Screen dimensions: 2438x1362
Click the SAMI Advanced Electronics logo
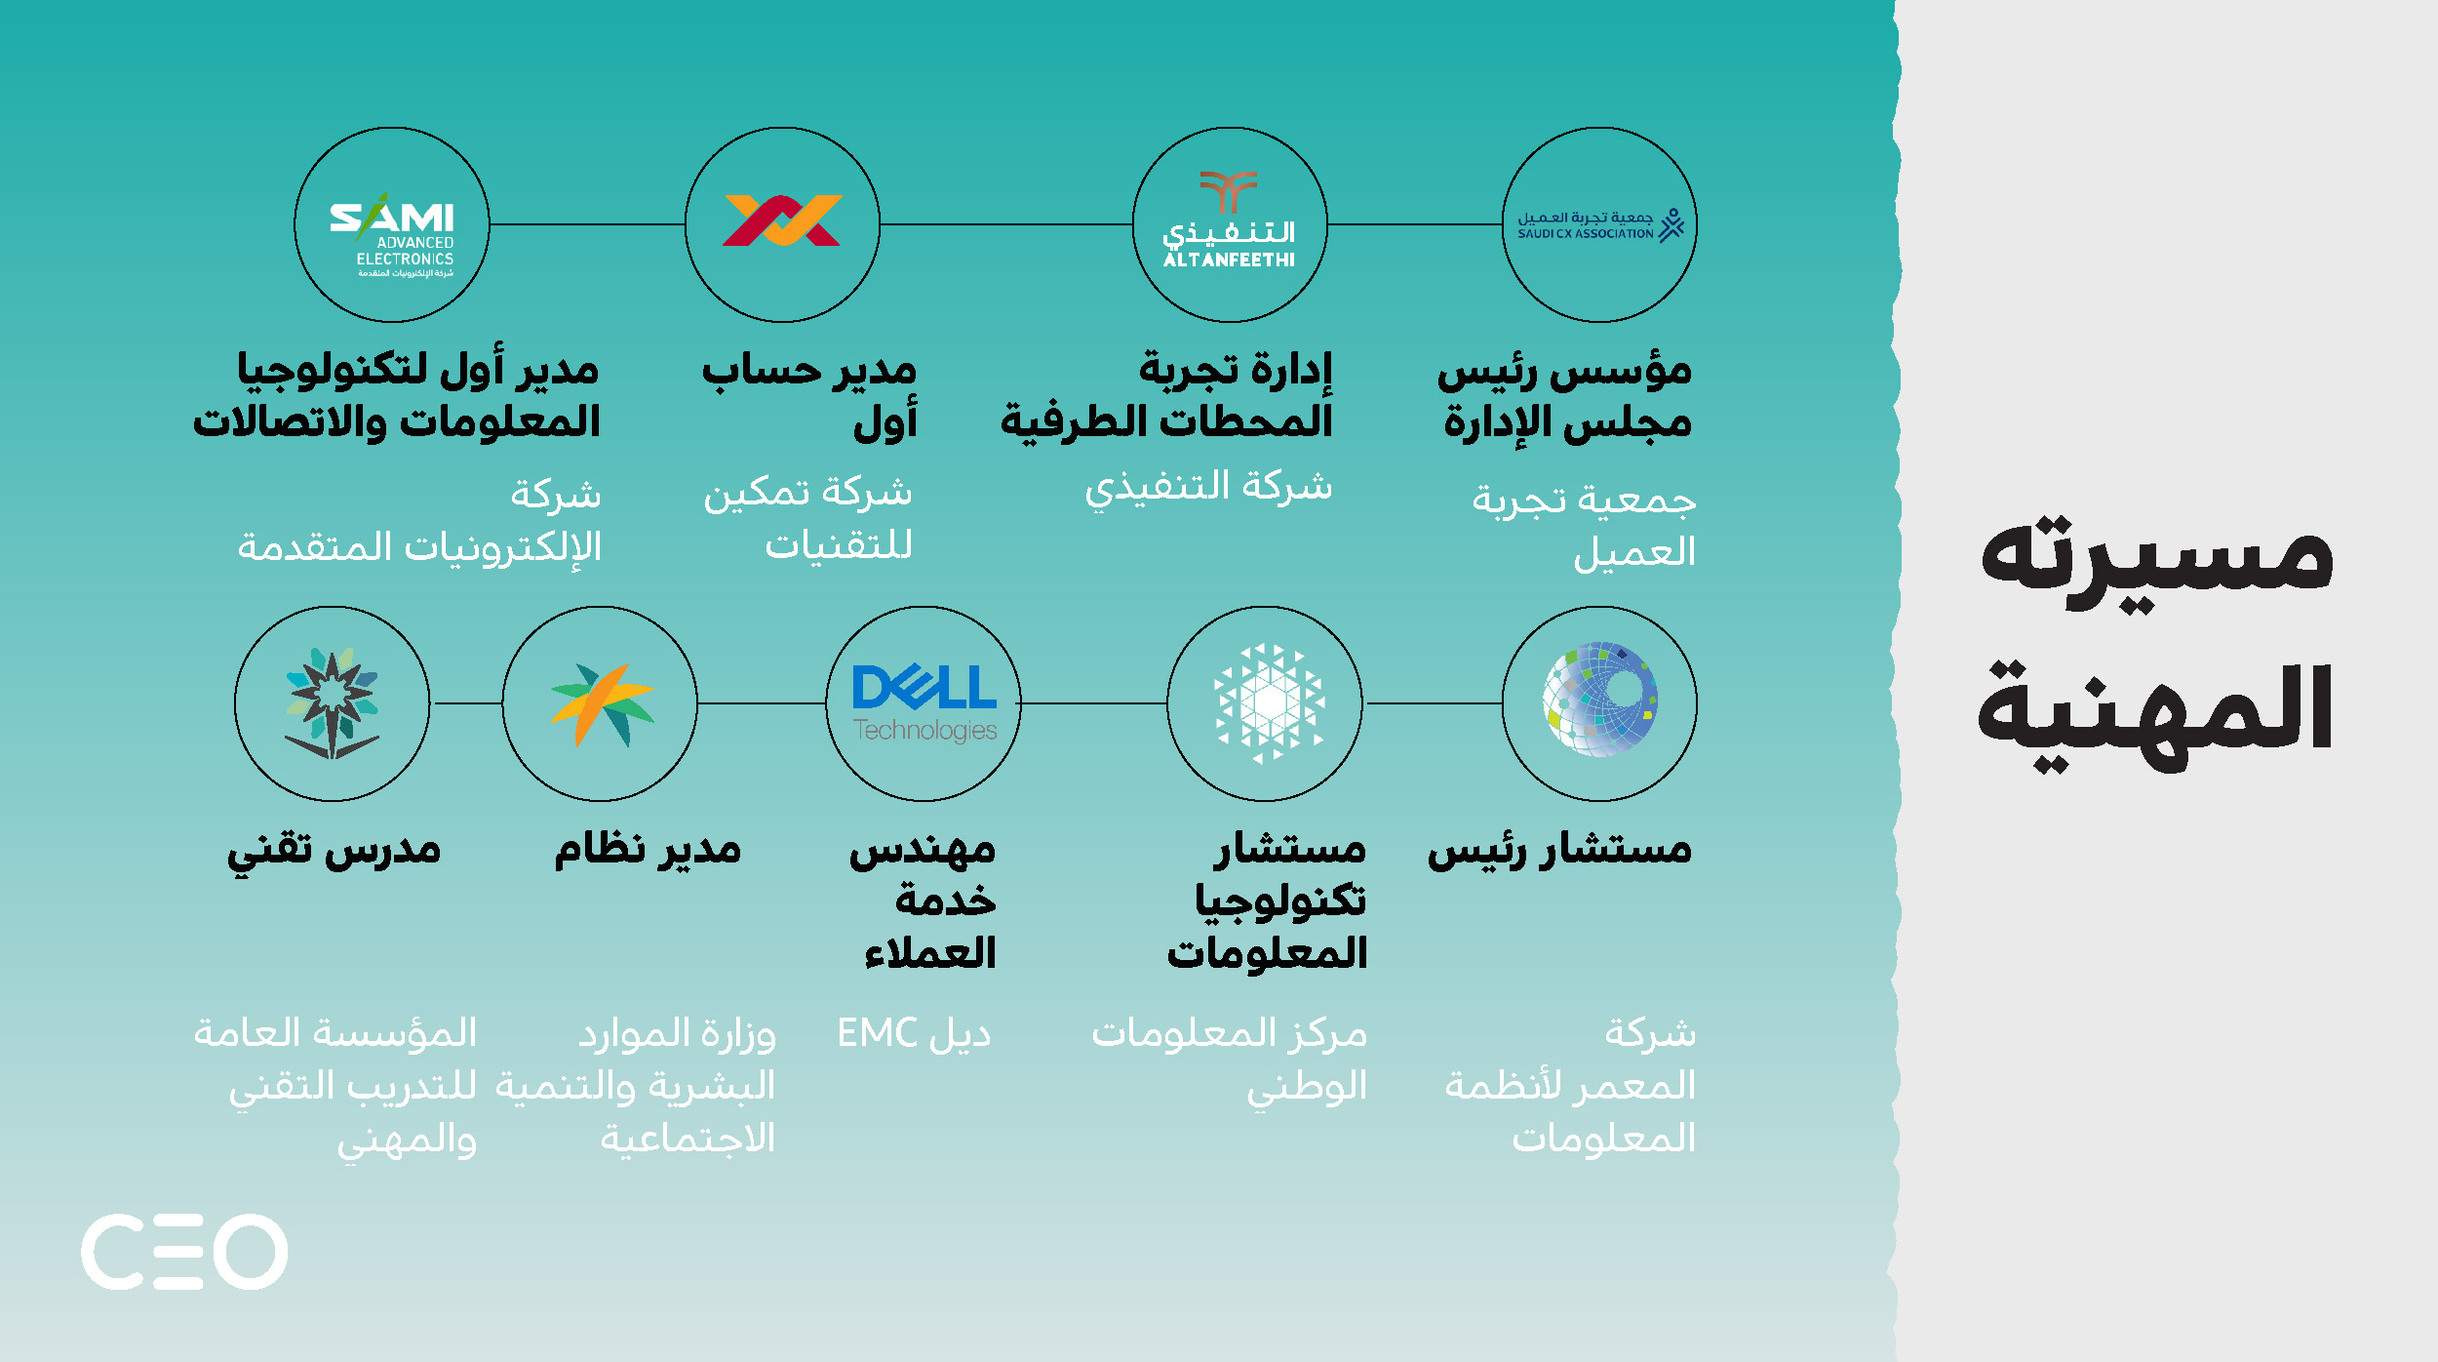(x=392, y=234)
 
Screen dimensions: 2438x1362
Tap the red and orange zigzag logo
(x=782, y=220)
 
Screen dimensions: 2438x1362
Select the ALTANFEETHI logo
(x=1229, y=220)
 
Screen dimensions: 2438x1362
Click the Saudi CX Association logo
(x=1600, y=225)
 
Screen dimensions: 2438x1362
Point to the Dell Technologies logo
(x=924, y=702)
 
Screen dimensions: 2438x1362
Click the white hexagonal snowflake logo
(x=1269, y=702)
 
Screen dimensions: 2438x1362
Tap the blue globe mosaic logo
(x=1599, y=699)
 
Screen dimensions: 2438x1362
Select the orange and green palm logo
(x=602, y=703)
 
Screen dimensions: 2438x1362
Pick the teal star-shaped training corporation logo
(x=332, y=702)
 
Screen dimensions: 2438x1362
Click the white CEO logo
(x=184, y=1252)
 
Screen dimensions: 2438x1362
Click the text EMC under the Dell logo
(x=877, y=1033)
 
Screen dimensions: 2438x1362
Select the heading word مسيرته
(x=2157, y=561)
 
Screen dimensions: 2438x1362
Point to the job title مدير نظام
(x=648, y=849)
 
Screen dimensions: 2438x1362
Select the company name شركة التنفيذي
(x=1208, y=488)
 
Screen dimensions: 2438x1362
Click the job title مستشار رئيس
(x=1559, y=850)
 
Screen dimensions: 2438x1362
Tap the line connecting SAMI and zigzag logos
(x=587, y=224)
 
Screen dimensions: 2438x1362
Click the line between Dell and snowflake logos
(x=1094, y=703)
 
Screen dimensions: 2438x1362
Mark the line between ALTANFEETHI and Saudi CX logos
(x=1415, y=224)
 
